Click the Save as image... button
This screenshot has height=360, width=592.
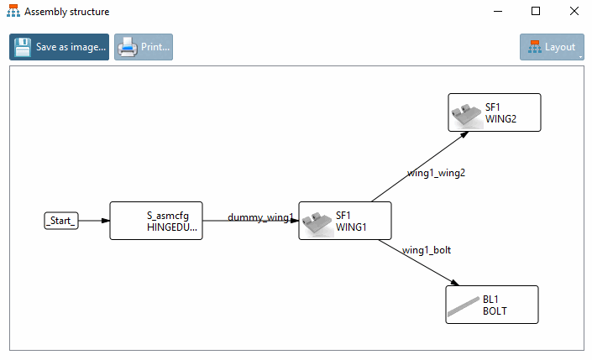click(60, 48)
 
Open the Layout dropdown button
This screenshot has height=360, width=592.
click(552, 48)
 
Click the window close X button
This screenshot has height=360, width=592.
click(573, 12)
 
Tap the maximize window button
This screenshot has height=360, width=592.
click(535, 12)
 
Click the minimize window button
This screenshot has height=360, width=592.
click(497, 12)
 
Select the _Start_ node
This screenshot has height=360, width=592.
click(60, 221)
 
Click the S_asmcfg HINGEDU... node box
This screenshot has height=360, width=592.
click(156, 221)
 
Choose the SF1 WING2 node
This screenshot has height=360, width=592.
click(494, 112)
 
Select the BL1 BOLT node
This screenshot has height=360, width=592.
click(491, 305)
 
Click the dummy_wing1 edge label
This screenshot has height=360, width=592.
click(260, 217)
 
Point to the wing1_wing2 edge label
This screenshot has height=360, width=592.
click(436, 173)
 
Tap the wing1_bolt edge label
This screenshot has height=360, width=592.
click(427, 249)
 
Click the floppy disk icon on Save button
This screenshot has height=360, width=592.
click(24, 48)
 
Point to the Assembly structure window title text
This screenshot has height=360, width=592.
click(66, 13)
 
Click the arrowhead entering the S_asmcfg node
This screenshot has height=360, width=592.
click(105, 221)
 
